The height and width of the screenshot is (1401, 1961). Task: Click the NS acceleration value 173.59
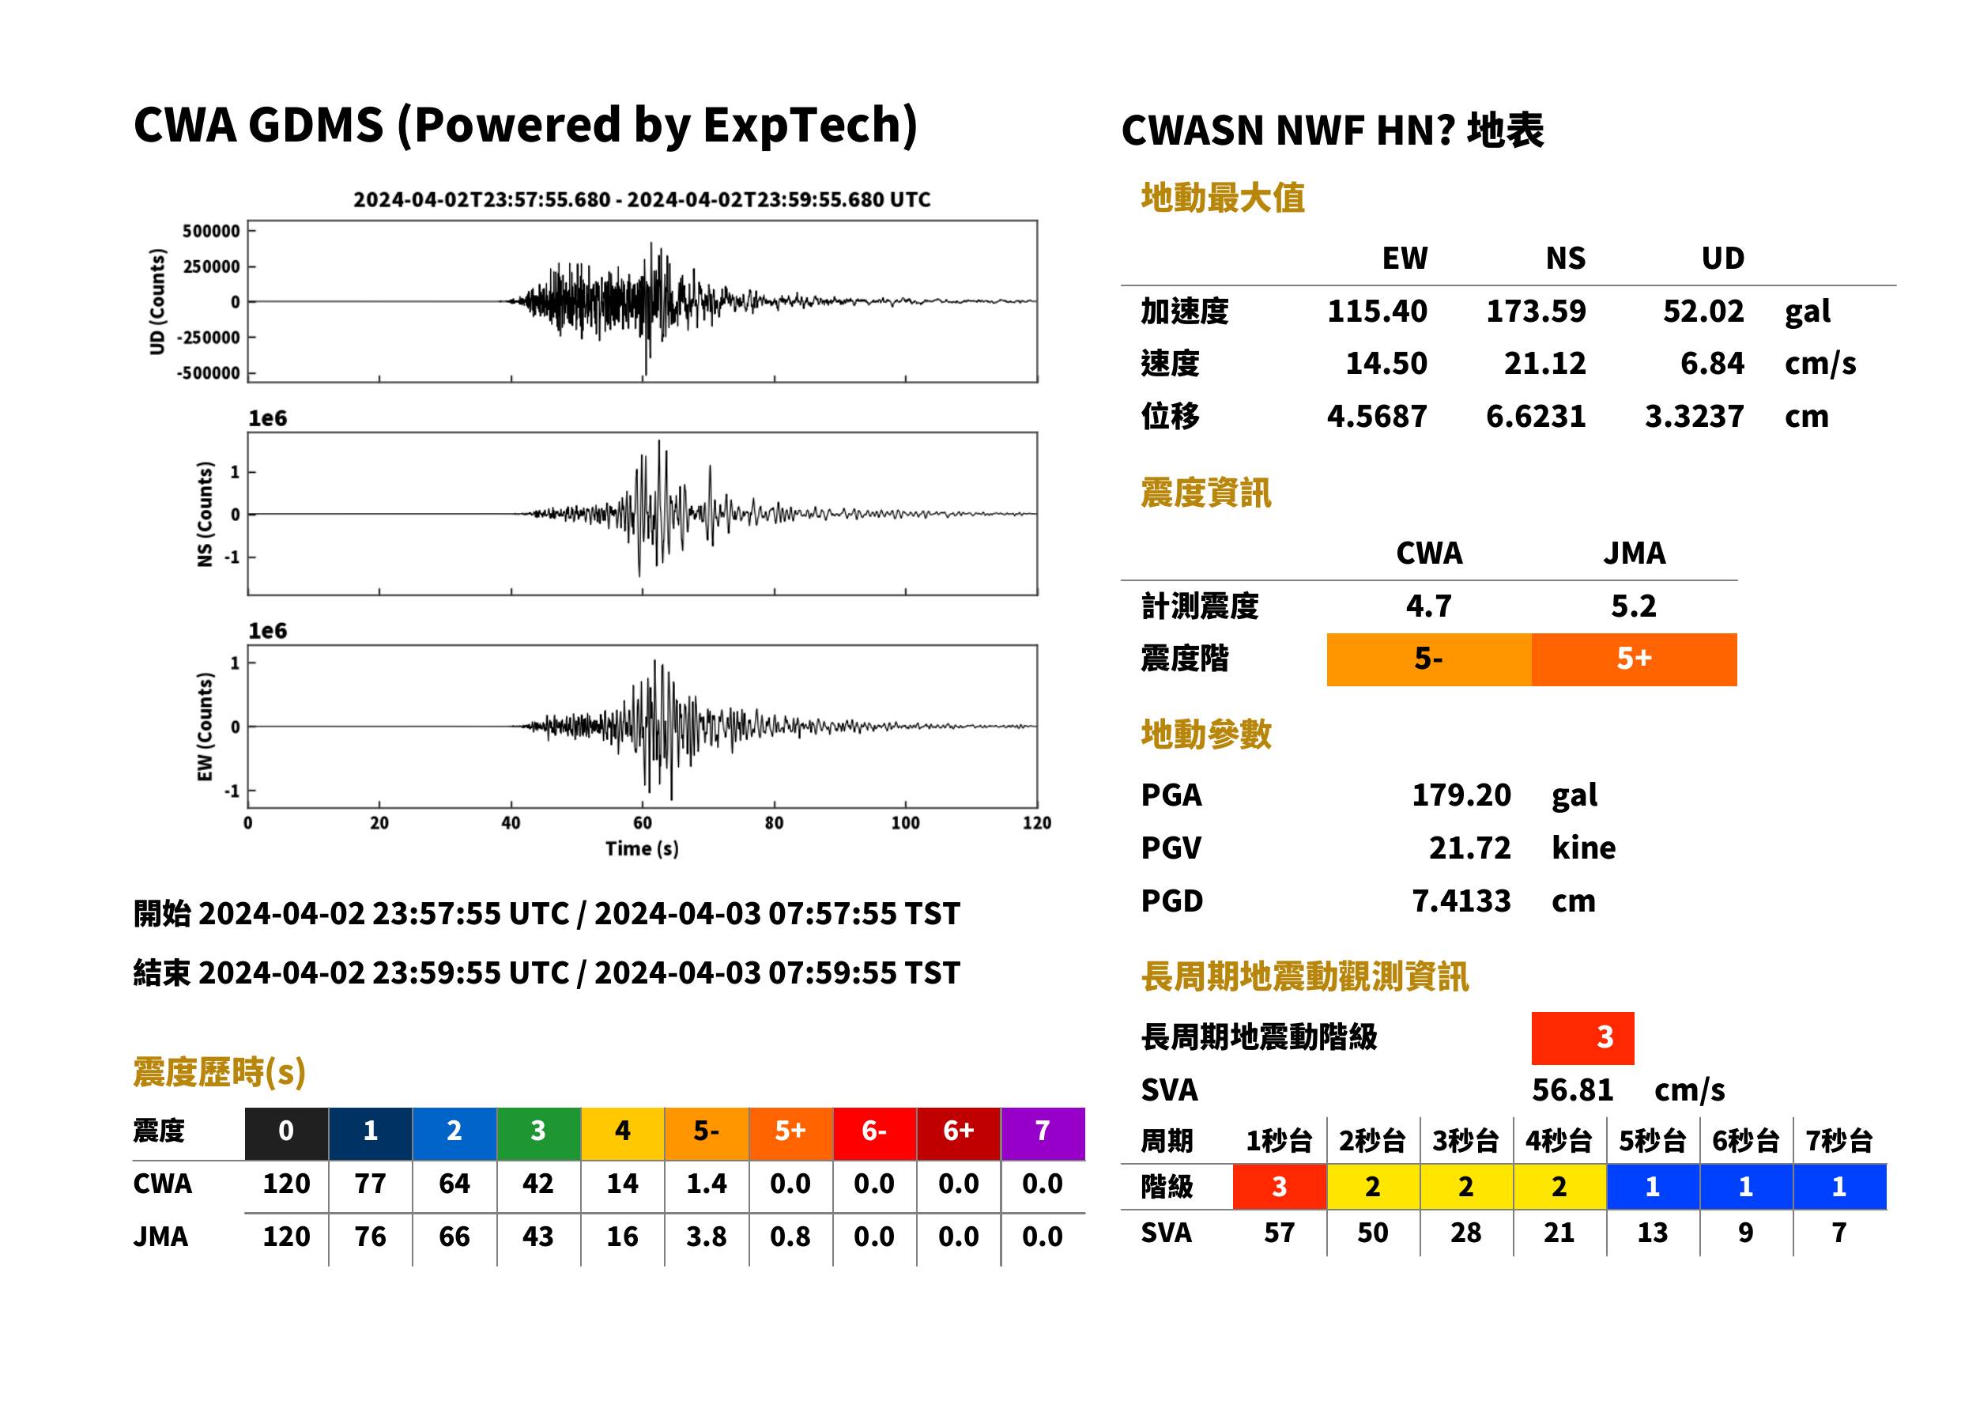(x=1535, y=312)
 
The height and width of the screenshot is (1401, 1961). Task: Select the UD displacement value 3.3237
(x=1694, y=417)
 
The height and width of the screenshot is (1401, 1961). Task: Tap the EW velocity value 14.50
(x=1386, y=364)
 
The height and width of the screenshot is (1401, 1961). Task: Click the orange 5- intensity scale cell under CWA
(x=1429, y=659)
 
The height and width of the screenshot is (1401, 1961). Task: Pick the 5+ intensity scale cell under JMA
(x=1635, y=659)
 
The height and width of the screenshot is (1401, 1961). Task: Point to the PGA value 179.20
(x=1461, y=795)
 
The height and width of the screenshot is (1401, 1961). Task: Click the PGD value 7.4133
(x=1461, y=901)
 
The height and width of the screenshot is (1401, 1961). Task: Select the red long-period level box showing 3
(x=1582, y=1038)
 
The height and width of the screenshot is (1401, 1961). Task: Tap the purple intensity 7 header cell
(x=1043, y=1133)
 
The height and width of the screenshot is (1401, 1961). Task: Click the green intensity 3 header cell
(x=538, y=1133)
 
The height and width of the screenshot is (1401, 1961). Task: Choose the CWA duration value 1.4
(x=707, y=1184)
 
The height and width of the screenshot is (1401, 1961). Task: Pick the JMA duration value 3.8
(x=707, y=1237)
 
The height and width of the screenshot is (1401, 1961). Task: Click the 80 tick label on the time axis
(x=774, y=823)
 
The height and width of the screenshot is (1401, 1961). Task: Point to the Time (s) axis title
(x=642, y=849)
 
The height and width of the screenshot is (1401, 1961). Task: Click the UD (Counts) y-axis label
(x=157, y=301)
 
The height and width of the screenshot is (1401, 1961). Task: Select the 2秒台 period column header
(x=1372, y=1142)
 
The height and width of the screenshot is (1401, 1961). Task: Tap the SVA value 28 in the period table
(x=1466, y=1233)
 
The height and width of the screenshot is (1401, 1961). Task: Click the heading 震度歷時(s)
(x=220, y=1073)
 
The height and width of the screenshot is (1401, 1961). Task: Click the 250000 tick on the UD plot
(x=211, y=266)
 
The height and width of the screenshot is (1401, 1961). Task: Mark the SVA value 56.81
(x=1572, y=1091)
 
